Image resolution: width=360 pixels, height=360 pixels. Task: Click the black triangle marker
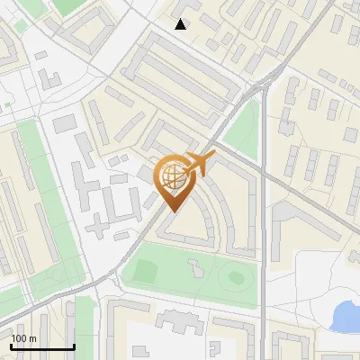point(181,24)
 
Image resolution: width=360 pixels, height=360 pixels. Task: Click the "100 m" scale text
point(23,338)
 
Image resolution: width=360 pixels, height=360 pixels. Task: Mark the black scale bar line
point(42,346)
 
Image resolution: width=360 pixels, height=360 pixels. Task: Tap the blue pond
point(346,316)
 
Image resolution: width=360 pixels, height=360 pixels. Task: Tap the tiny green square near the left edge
point(8,106)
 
